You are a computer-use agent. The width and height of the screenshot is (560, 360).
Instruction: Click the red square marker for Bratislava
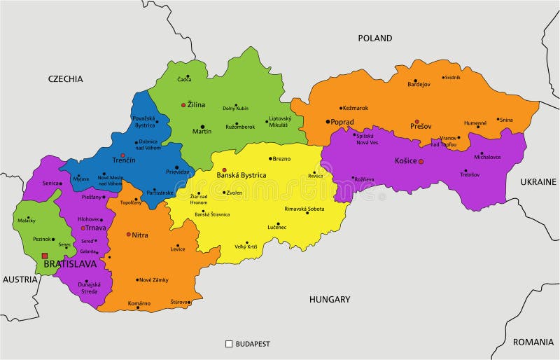click(x=45, y=256)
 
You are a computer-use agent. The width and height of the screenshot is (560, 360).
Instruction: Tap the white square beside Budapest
click(x=229, y=344)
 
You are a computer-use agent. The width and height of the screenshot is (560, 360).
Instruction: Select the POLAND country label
click(x=375, y=38)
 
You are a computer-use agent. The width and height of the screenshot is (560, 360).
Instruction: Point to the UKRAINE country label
click(x=538, y=181)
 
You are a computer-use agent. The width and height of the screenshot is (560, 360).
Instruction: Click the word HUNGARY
click(x=330, y=299)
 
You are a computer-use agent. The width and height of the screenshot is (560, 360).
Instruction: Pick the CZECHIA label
click(x=66, y=78)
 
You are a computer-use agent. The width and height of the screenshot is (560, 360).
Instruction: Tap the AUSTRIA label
click(x=20, y=279)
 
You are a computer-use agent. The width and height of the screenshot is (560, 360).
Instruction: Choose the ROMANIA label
click(x=533, y=342)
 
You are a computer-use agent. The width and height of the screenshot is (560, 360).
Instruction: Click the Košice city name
click(x=405, y=161)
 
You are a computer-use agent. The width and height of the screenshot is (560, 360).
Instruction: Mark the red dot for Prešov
click(x=416, y=121)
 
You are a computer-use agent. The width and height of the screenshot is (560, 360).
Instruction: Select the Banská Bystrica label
click(x=241, y=175)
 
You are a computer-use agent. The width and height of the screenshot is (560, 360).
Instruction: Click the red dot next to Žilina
click(x=183, y=105)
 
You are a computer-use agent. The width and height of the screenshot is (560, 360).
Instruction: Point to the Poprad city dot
click(x=327, y=122)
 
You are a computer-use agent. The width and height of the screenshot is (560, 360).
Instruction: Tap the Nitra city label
click(x=140, y=235)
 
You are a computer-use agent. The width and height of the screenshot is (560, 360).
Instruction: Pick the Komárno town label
click(x=139, y=303)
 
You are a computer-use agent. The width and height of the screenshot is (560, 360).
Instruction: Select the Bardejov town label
click(x=419, y=85)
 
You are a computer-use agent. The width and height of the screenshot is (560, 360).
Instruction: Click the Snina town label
click(x=506, y=120)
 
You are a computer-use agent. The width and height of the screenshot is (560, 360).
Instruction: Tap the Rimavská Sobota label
click(x=304, y=209)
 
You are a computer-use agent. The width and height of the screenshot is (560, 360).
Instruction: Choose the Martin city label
click(x=202, y=131)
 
